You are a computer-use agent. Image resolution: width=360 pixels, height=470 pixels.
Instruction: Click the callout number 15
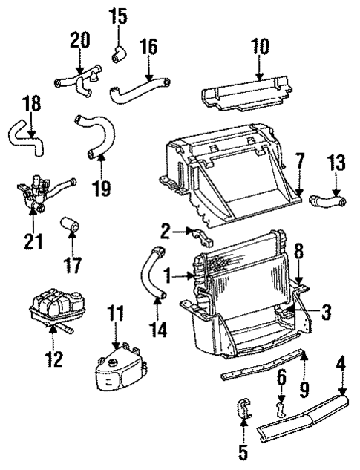[119, 14]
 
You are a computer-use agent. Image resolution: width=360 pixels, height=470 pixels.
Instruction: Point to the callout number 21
[33, 241]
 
